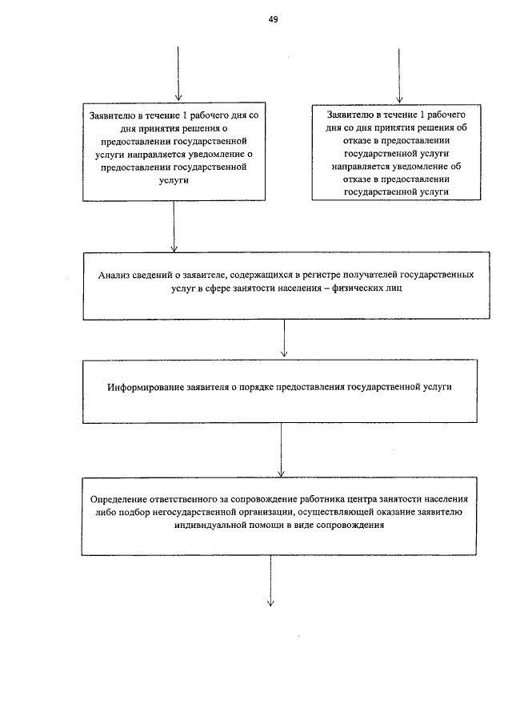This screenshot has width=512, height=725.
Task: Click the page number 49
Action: pyautogui.click(x=273, y=19)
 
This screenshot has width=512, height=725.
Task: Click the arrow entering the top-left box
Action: pyautogui.click(x=177, y=76)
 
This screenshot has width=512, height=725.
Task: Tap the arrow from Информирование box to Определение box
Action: pyautogui.click(x=281, y=450)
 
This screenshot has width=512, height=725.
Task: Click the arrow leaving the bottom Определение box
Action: pyautogui.click(x=270, y=581)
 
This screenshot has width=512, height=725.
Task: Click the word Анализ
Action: pyautogui.click(x=115, y=275)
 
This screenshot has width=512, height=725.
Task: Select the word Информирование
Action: pyautogui.click(x=147, y=387)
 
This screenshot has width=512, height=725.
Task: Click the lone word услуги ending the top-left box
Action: pyautogui.click(x=174, y=182)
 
